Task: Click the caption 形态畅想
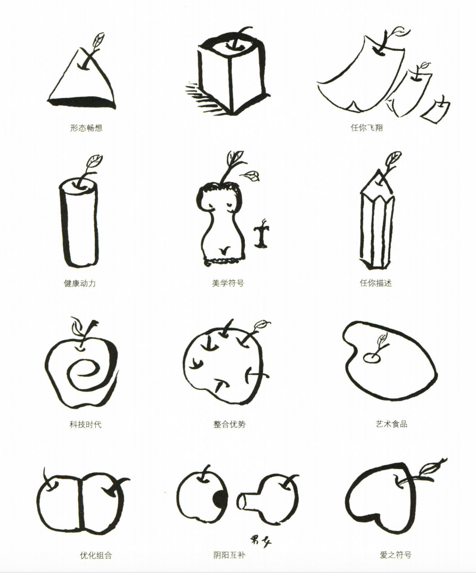pos(86,128)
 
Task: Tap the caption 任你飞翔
pos(367,128)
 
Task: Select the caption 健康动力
pos(80,283)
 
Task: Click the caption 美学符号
pos(228,283)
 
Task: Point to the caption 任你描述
pos(376,283)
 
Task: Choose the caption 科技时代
pos(86,424)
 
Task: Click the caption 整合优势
pos(230,424)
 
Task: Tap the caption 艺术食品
pos(392,424)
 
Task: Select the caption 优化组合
pos(96,555)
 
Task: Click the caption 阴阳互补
pos(229,555)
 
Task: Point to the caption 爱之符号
pos(396,555)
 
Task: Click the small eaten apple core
pos(261,234)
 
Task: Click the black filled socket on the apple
pos(220,499)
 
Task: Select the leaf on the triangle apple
pos(97,40)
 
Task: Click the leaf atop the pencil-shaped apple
pos(393,159)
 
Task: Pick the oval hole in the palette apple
pos(372,358)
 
